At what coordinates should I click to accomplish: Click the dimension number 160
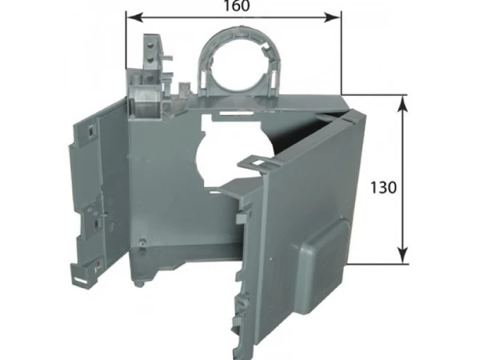(x=237, y=6)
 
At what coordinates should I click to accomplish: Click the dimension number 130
(x=383, y=187)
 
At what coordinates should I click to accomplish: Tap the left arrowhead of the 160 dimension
(x=135, y=18)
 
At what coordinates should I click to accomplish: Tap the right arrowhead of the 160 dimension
(x=332, y=18)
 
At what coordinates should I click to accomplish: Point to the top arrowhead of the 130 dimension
(x=403, y=104)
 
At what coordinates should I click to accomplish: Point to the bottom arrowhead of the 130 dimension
(x=403, y=255)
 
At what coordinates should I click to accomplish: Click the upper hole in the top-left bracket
(x=150, y=46)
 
